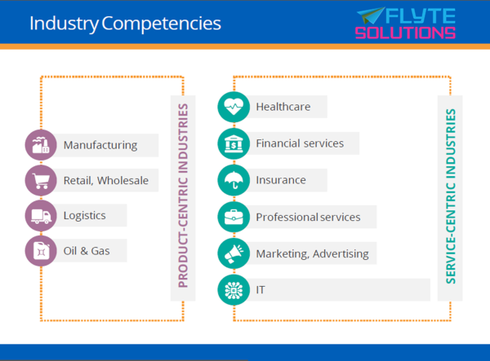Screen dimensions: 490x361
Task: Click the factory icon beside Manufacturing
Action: click(x=41, y=145)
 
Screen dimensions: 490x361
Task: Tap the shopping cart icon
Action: click(x=41, y=181)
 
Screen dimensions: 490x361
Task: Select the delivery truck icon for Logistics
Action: click(x=41, y=216)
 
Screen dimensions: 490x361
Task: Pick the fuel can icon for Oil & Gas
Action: click(x=41, y=251)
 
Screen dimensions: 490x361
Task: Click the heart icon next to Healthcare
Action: click(x=234, y=107)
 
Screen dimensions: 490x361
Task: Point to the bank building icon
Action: click(x=234, y=143)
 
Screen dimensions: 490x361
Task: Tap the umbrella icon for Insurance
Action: click(x=234, y=180)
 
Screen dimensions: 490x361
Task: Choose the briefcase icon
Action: click(x=234, y=217)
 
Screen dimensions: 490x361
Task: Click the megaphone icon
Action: click(x=234, y=253)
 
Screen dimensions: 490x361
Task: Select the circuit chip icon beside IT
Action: click(x=234, y=290)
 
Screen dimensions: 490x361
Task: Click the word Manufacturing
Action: click(x=100, y=145)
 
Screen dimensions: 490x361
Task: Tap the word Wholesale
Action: click(x=122, y=181)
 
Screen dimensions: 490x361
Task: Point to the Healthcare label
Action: click(x=283, y=107)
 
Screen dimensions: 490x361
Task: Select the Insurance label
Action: click(x=281, y=180)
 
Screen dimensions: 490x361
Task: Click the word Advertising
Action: click(x=341, y=254)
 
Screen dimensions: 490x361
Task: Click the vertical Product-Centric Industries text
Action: click(x=183, y=196)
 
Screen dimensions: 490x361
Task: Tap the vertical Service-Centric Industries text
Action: click(x=450, y=196)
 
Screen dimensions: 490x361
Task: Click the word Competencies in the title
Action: click(x=161, y=24)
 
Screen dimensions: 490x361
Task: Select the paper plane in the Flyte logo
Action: click(x=371, y=15)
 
